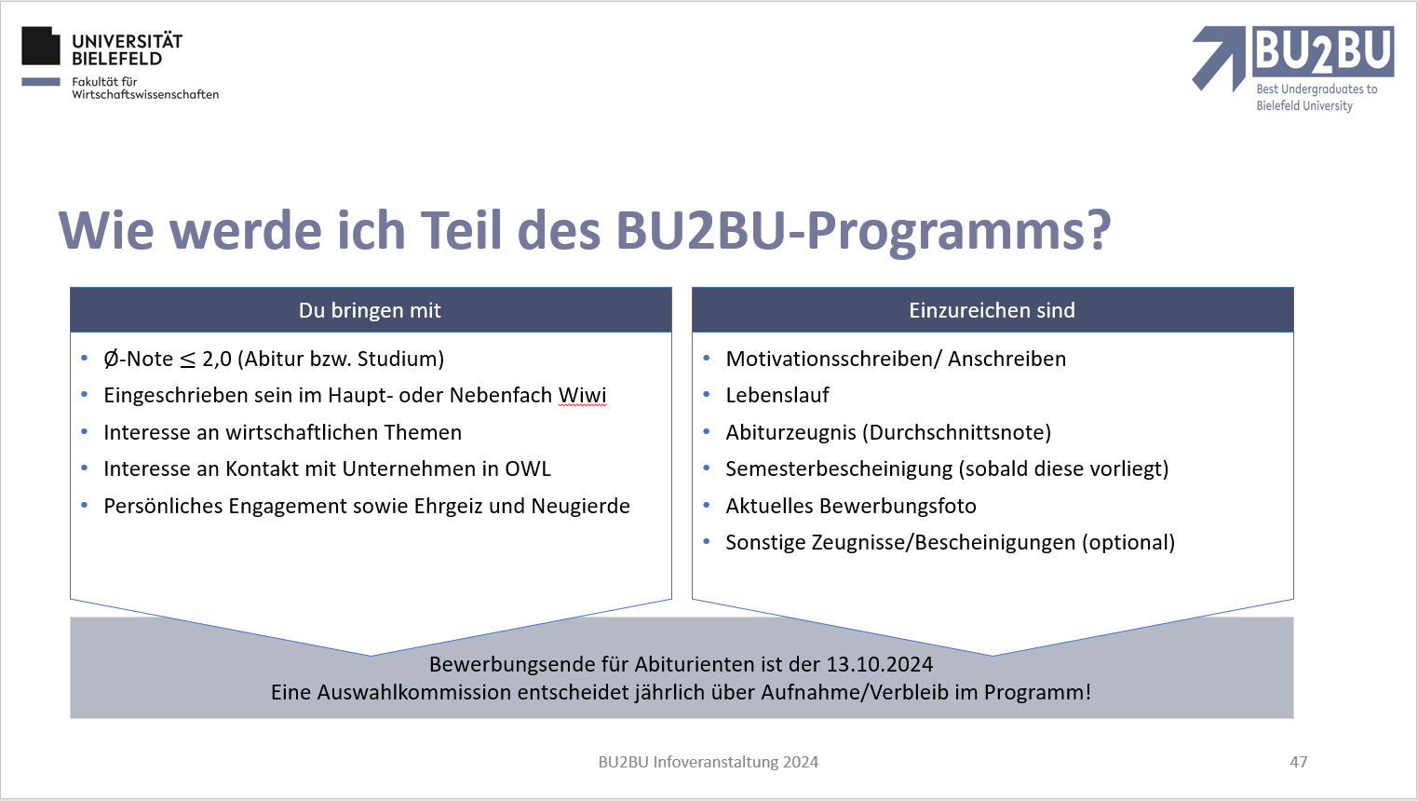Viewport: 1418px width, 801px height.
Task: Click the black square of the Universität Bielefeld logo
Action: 41,46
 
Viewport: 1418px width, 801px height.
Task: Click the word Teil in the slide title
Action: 462,230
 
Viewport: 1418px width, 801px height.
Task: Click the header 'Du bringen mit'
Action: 370,310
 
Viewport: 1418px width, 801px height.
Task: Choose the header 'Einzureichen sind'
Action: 992,310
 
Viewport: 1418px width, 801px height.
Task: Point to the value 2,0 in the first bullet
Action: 217,359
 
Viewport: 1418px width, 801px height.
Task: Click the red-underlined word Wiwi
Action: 582,395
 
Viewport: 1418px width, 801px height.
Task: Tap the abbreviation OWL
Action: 527,468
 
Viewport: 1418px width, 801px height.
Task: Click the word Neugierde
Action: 580,506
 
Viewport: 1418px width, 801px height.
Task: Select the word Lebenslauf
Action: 777,395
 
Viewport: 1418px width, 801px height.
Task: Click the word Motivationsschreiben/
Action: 833,359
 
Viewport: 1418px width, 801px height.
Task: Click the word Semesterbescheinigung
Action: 839,469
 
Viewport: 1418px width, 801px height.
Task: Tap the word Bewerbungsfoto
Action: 898,506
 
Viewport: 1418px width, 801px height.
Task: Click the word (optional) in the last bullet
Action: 1128,543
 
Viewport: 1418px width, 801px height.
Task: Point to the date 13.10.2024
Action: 879,664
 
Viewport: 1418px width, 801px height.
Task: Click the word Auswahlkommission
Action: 414,692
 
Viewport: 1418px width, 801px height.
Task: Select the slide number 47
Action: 1298,762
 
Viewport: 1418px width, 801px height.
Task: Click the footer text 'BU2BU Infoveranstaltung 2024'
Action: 709,762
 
